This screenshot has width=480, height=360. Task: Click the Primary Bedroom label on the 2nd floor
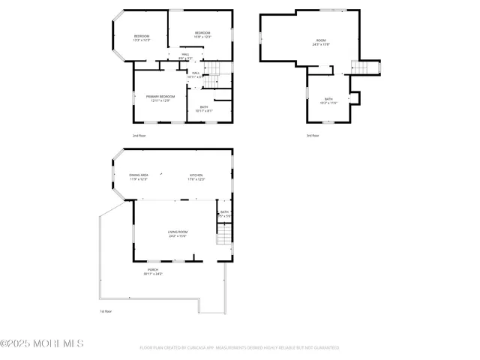[x=160, y=96]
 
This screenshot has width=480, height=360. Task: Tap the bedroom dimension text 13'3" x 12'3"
[x=142, y=40]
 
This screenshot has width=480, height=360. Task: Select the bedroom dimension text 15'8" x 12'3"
[x=202, y=36]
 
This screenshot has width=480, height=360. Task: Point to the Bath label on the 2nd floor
[x=204, y=106]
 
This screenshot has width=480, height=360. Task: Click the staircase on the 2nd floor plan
[x=214, y=73]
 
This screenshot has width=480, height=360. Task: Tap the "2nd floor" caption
[x=139, y=136]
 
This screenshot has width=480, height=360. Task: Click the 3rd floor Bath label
[x=328, y=99]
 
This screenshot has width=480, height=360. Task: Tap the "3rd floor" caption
[x=313, y=136]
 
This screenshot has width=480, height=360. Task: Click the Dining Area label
[x=139, y=175]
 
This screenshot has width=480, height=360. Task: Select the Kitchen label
[x=196, y=175]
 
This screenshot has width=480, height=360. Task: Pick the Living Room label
[x=178, y=232]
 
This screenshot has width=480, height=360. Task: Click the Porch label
[x=153, y=270]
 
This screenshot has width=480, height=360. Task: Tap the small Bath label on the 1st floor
[x=224, y=212]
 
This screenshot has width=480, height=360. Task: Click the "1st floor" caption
[x=106, y=311]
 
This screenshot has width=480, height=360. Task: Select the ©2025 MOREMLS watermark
[x=42, y=344]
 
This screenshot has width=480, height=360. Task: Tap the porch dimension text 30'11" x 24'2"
[x=153, y=274]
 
